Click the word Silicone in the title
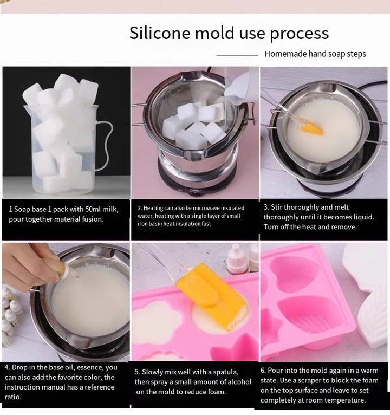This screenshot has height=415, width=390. coord(154,33)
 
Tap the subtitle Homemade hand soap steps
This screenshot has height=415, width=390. coord(315,54)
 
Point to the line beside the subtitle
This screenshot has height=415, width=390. coord(237,55)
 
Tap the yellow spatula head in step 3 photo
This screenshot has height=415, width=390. coord(313,129)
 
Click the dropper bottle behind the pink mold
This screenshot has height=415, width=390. coord(237,258)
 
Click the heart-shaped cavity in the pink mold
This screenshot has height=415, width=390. coord(295,274)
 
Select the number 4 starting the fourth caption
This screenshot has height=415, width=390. coord(7,367)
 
